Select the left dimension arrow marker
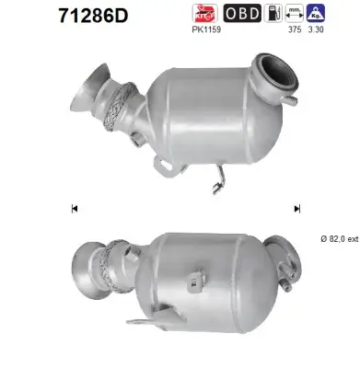click(74, 208)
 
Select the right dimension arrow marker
click(296, 208)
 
